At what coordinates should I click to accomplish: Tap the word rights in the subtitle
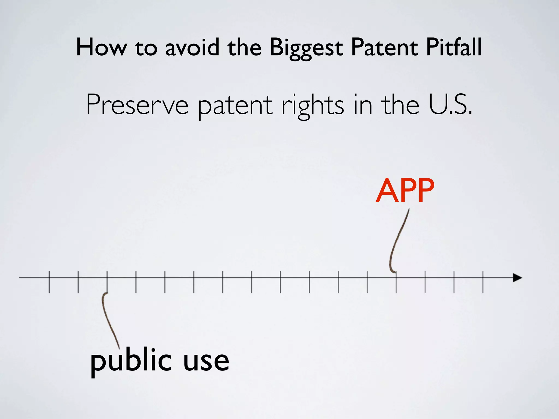point(313,106)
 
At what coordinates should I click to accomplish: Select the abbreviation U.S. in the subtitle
point(450,105)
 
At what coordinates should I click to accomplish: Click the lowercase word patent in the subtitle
point(235,106)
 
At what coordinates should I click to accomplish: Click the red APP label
point(405,190)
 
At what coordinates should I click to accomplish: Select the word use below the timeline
point(206,361)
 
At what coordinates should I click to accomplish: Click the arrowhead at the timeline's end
point(517,278)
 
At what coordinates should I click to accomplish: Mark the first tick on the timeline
point(49,282)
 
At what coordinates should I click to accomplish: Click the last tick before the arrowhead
point(483,282)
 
